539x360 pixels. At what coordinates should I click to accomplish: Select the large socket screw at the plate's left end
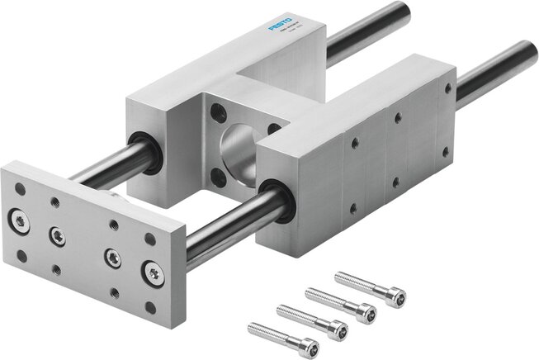click(19, 219)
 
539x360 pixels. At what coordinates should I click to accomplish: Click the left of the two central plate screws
click(57, 235)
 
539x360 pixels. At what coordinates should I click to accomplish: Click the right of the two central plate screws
click(111, 258)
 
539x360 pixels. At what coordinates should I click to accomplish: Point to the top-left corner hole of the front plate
click(21, 189)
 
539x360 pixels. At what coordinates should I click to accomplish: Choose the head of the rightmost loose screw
click(395, 292)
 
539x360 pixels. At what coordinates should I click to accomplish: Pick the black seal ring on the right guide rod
click(275, 201)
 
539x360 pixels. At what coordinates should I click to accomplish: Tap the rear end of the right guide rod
click(527, 57)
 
